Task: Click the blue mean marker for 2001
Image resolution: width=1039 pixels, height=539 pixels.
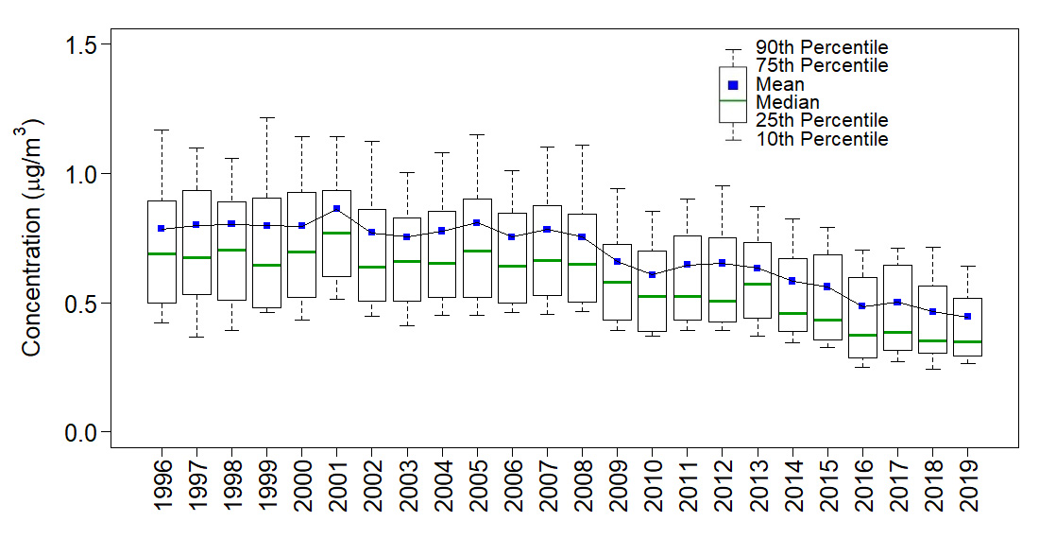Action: [336, 209]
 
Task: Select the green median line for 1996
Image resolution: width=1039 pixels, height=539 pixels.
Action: [162, 253]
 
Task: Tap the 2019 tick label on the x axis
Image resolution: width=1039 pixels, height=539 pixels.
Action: [966, 484]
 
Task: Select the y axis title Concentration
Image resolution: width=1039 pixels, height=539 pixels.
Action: [32, 237]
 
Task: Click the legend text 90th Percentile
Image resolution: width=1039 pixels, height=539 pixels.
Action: [822, 47]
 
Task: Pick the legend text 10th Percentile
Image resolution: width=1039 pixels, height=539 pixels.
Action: [822, 139]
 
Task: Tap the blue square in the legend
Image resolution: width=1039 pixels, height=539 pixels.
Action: [733, 85]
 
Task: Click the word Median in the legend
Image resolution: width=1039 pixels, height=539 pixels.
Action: [788, 102]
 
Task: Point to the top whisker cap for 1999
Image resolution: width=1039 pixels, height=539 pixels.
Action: [266, 118]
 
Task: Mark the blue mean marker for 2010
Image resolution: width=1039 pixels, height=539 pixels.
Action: [652, 274]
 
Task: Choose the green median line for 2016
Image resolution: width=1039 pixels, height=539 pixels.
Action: [861, 335]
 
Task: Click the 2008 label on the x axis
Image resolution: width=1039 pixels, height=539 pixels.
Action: [582, 484]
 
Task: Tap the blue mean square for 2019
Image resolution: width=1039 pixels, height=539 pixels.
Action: [966, 317]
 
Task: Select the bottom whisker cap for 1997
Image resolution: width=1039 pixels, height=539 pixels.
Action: [196, 337]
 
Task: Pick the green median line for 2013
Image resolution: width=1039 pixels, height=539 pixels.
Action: [757, 284]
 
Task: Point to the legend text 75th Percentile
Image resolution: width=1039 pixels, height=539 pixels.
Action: [822, 66]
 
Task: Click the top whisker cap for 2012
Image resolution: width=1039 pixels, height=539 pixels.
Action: [722, 186]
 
